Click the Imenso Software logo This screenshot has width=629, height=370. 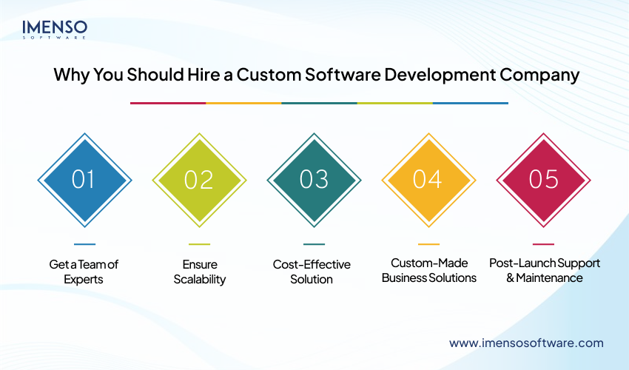(x=54, y=29)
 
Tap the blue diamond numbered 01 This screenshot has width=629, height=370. (x=84, y=179)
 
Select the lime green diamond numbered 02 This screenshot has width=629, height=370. (x=199, y=179)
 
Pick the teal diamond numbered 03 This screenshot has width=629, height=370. (x=314, y=179)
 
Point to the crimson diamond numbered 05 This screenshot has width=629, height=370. (x=543, y=179)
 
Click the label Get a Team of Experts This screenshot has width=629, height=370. (x=84, y=272)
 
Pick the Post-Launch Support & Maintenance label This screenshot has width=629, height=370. (x=545, y=270)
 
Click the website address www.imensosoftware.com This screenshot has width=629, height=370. (x=526, y=343)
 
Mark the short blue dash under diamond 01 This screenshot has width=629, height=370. (x=84, y=244)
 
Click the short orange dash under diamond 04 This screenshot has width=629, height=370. (x=428, y=244)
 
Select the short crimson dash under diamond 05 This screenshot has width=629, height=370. (x=543, y=244)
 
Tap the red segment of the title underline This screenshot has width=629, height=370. (x=168, y=103)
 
